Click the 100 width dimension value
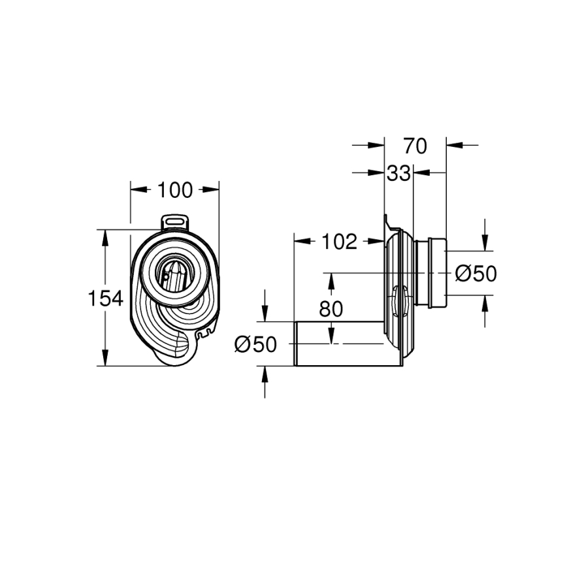(174, 190)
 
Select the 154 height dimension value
(105, 299)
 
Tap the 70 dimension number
(415, 145)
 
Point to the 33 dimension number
(398, 173)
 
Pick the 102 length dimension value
(339, 241)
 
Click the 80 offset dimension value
(331, 309)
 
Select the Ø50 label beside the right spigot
(476, 273)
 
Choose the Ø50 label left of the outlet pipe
(255, 344)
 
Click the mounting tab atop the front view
(174, 222)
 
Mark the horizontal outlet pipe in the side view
(340, 344)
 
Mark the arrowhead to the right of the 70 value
(455, 145)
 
